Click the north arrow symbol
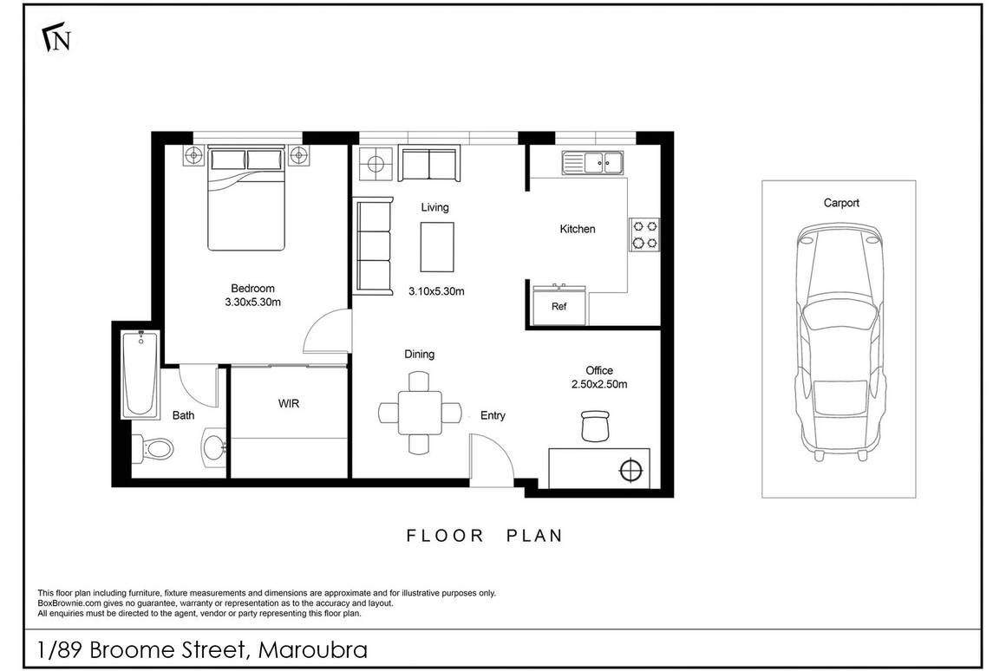pos(56,38)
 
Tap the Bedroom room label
pos(252,289)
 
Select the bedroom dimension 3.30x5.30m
pos(252,303)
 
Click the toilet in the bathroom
pos(154,449)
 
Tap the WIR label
pos(290,404)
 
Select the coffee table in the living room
pos(437,247)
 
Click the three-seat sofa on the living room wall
pos(373,245)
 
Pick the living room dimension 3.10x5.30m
pos(437,292)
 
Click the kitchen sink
pos(593,161)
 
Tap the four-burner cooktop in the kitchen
pos(644,232)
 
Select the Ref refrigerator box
pos(559,306)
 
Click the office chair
pos(595,426)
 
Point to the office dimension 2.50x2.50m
pos(599,384)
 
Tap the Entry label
pos(493,416)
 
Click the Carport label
pos(841,203)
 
